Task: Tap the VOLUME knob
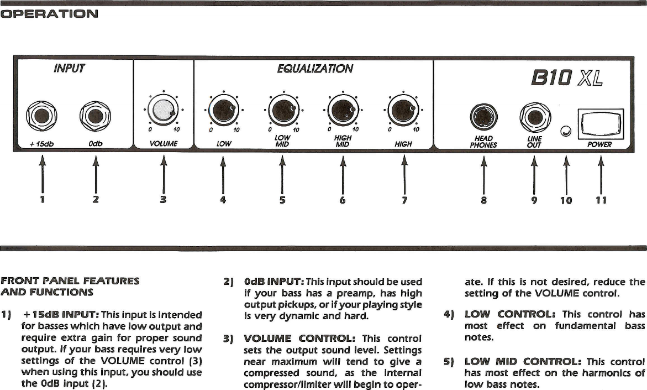[x=162, y=111]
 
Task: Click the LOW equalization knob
[x=223, y=110]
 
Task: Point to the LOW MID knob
[x=283, y=110]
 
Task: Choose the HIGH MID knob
[x=343, y=110]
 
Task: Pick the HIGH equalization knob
[x=403, y=110]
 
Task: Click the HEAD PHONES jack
[x=483, y=117]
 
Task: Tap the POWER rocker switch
[x=600, y=124]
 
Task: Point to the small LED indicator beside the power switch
[x=565, y=131]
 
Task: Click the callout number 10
[x=566, y=200]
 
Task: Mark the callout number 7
[x=404, y=200]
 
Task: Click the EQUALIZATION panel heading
[x=315, y=69]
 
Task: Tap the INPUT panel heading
[x=69, y=69]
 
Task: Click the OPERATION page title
[x=49, y=14]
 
